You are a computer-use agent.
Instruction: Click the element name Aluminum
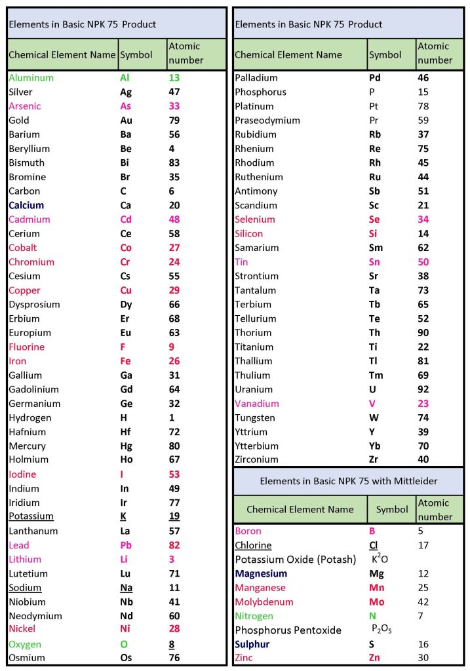tap(31, 78)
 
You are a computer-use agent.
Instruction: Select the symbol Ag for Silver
tap(126, 92)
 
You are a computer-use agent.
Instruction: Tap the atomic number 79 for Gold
tap(174, 121)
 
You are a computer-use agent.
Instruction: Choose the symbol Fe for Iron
tap(126, 361)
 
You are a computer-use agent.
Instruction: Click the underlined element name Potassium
tap(31, 516)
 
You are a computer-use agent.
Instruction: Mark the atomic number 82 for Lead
tap(174, 545)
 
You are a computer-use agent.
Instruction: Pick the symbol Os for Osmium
tap(127, 658)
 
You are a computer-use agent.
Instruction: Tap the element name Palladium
tap(256, 78)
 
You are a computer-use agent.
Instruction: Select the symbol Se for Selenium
tap(375, 220)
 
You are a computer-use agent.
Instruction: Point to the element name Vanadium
tap(257, 404)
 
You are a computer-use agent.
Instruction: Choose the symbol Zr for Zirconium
tap(374, 459)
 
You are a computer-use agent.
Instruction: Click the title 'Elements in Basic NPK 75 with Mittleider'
tap(348, 481)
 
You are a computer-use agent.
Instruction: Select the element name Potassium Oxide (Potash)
tap(295, 560)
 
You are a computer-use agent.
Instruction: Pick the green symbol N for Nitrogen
tap(373, 616)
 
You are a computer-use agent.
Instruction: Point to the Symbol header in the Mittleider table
tap(392, 509)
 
